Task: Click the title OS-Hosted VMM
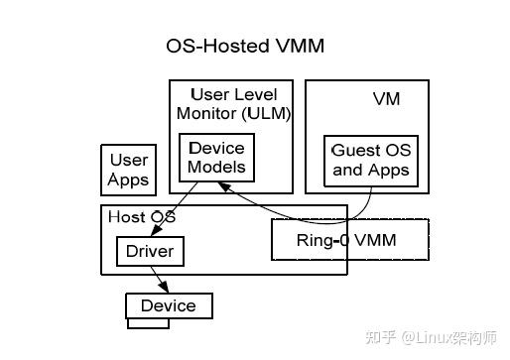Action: pos(245,46)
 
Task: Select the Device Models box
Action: pos(216,158)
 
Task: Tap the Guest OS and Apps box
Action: pos(370,160)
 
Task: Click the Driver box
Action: pos(149,251)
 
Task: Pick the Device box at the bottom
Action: pos(168,305)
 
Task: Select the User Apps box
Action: pos(128,170)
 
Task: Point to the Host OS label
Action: pos(141,217)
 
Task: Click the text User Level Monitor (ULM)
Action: pos(234,103)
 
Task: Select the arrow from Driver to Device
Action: pos(160,279)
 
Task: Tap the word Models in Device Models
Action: pos(216,167)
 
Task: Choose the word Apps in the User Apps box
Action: pos(128,180)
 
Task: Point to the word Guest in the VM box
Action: pos(355,151)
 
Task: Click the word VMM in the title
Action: pos(302,46)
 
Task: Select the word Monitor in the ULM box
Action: pos(206,112)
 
